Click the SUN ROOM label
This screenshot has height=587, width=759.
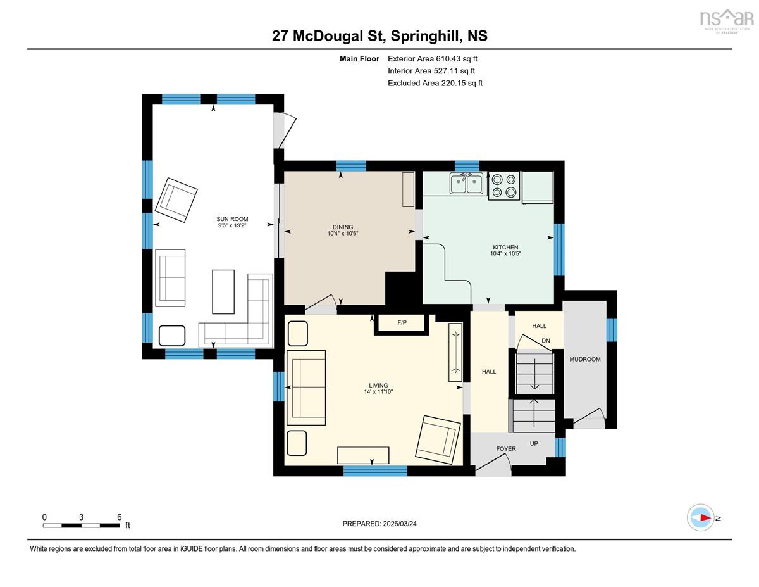(x=232, y=219)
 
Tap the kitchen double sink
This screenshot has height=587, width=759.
(x=467, y=183)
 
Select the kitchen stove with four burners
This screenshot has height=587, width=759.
(x=503, y=186)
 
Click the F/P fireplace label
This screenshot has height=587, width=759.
(x=402, y=323)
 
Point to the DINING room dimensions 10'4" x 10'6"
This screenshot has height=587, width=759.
(x=343, y=233)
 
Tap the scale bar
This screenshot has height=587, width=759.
(x=82, y=526)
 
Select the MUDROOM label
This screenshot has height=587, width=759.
(x=584, y=359)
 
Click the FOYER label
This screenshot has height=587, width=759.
(x=506, y=448)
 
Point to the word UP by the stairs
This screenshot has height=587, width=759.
(x=534, y=443)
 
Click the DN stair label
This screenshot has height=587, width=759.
(x=546, y=341)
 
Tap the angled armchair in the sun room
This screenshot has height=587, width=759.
(x=176, y=200)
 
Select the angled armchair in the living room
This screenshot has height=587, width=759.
(x=438, y=437)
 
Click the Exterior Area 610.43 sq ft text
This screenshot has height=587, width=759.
(x=433, y=59)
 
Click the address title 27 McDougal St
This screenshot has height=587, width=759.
(x=328, y=35)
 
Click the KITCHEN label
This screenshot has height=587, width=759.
(x=505, y=247)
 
